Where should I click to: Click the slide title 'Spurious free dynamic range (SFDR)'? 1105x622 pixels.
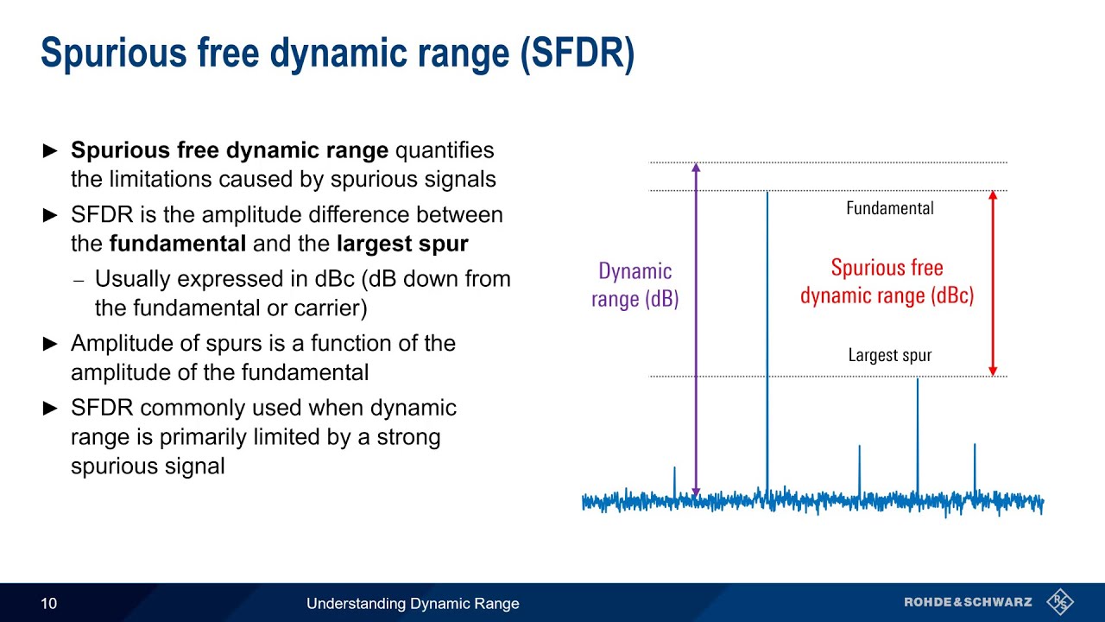[x=338, y=54]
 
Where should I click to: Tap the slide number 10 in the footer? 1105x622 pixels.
[x=49, y=603]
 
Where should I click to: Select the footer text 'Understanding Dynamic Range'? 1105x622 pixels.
[x=413, y=603]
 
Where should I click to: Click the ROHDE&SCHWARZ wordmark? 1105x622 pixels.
[x=968, y=602]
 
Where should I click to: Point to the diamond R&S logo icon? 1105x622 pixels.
[x=1059, y=601]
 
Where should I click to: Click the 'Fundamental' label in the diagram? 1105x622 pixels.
[x=889, y=208]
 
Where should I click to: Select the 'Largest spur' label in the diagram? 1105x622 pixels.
[x=889, y=355]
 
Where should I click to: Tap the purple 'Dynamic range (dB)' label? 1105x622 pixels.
[x=635, y=285]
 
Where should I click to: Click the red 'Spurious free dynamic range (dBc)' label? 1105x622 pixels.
[x=887, y=282]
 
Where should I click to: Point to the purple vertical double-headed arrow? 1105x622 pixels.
[x=696, y=328]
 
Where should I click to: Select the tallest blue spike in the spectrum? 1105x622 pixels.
[x=767, y=346]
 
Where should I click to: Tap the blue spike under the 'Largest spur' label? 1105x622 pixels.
[x=917, y=432]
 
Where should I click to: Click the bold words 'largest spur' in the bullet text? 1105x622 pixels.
[x=402, y=244]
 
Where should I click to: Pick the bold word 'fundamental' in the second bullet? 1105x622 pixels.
[x=178, y=244]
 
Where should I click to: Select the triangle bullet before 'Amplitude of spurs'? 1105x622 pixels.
[x=51, y=344]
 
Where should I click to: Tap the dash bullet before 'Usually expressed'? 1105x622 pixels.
[x=79, y=280]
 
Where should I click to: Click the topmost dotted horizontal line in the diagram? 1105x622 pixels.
[x=829, y=162]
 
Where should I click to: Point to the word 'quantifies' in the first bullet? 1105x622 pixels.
[x=445, y=150]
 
